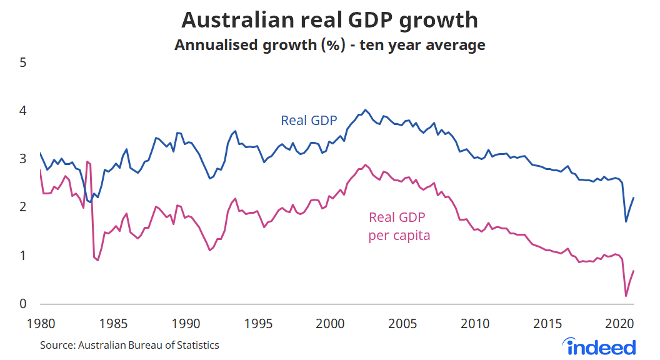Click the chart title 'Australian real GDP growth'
pos(329,20)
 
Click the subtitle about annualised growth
pos(329,45)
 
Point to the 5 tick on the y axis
pos(22,62)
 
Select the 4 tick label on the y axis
pos(22,111)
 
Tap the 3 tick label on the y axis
pos(22,159)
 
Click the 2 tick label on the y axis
pos(22,207)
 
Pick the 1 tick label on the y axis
pos(22,255)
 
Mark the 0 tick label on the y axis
pos(22,304)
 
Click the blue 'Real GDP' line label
pos(309,121)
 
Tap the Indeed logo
pos(599,346)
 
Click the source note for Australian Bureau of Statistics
pos(130,345)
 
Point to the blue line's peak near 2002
pos(366,110)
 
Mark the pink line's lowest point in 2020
pos(626,296)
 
